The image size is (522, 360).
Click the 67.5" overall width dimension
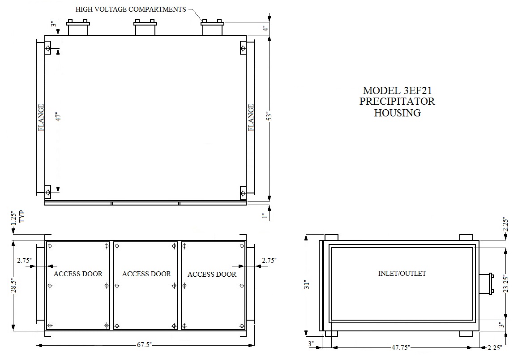coord(144,345)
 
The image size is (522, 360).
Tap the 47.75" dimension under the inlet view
coord(401,347)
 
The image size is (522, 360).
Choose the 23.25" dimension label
coord(506,283)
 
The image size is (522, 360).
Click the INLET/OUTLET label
coord(402,274)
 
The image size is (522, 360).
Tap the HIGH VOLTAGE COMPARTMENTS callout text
coord(131,9)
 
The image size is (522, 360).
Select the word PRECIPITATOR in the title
coord(397,101)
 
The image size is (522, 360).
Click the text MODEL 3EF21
coord(397,90)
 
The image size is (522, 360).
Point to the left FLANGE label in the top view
coord(41,118)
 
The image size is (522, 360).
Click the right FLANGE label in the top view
coord(251,118)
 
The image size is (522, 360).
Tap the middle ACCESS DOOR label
coord(146,274)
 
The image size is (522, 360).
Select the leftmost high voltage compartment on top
coord(78,27)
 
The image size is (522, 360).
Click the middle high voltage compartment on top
coord(145,27)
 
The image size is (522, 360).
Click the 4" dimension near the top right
coord(265,29)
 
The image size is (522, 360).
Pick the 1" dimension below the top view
coord(265,216)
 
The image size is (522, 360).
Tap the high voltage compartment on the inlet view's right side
coord(486,284)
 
